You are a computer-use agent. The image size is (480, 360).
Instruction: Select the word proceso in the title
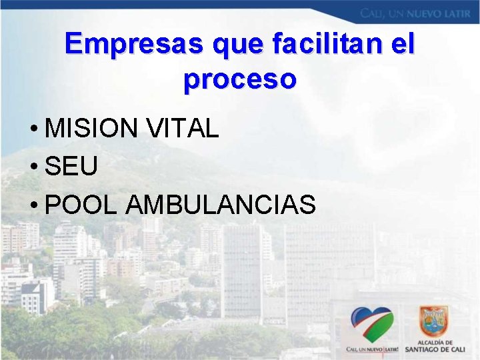(x=240, y=79)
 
